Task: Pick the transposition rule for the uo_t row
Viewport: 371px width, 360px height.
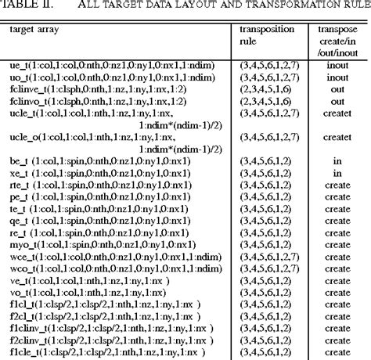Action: (x=267, y=69)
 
